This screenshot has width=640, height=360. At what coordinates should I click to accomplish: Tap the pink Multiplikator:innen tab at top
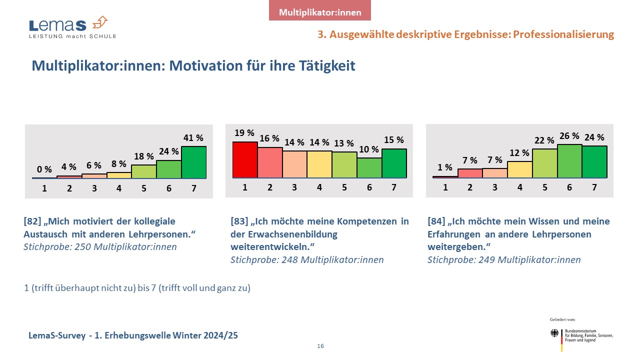(x=320, y=12)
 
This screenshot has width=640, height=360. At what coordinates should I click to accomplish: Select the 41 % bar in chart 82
(x=194, y=162)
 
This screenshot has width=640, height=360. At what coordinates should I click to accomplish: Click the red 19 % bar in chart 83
(x=245, y=160)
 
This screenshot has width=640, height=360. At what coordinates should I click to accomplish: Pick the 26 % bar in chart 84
(x=569, y=161)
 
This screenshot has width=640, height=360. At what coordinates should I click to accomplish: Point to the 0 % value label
(x=44, y=169)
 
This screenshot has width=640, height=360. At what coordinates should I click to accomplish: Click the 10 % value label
(x=369, y=149)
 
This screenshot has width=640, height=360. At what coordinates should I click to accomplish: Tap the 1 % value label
(x=445, y=167)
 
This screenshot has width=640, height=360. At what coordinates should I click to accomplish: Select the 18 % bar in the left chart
(x=144, y=171)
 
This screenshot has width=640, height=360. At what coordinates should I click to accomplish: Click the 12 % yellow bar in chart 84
(x=520, y=169)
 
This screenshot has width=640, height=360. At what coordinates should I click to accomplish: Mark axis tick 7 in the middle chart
(x=394, y=187)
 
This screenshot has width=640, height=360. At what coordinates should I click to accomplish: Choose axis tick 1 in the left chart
(x=44, y=188)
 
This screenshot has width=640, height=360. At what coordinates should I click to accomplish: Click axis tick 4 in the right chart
(x=520, y=187)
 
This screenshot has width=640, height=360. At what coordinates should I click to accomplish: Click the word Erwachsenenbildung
(x=284, y=234)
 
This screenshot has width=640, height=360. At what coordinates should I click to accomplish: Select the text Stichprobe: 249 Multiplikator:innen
(x=504, y=259)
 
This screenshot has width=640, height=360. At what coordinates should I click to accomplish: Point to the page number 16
(x=320, y=346)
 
